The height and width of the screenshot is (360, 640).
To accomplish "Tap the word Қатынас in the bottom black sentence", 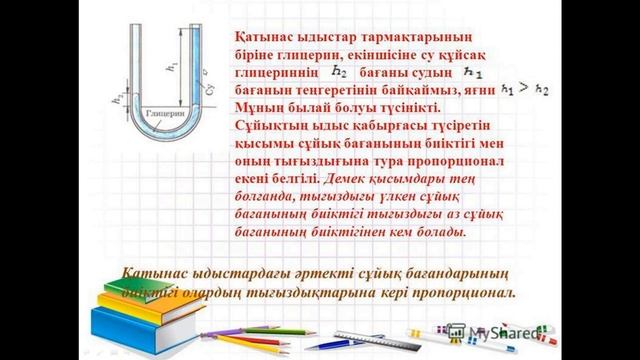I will [x=157, y=274].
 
